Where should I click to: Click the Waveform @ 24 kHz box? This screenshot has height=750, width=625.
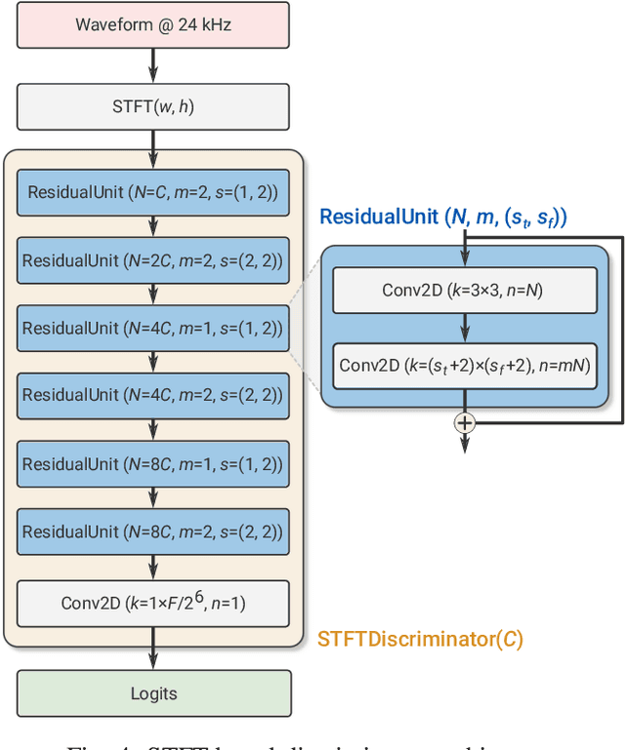[x=153, y=24]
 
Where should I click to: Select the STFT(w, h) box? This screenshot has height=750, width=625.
[x=153, y=107]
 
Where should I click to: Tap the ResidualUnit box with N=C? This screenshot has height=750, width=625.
[x=153, y=192]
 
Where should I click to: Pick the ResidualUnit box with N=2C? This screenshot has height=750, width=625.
[x=153, y=260]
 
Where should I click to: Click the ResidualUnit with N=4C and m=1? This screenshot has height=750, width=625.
[x=153, y=329]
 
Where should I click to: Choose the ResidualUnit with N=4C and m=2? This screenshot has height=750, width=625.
[x=153, y=396]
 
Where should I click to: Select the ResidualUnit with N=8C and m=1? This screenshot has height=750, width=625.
[x=153, y=464]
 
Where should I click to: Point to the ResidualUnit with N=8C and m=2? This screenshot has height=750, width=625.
[x=153, y=533]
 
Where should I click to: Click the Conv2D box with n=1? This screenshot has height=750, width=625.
[x=153, y=603]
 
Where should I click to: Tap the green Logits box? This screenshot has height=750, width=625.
[x=153, y=693]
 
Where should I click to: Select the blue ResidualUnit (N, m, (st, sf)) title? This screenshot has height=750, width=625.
[x=443, y=217]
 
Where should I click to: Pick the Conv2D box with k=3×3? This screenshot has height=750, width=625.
[x=465, y=290]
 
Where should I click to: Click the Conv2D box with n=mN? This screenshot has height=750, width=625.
[x=465, y=367]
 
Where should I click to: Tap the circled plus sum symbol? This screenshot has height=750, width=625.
[x=465, y=422]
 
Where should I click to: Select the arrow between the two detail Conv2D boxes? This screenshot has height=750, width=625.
[x=465, y=328]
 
